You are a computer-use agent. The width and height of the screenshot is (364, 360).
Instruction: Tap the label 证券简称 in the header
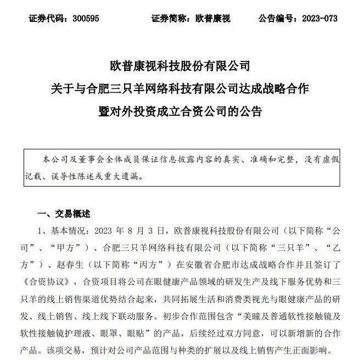[x=169, y=19]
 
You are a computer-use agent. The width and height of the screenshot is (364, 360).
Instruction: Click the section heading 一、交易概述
[x=63, y=213]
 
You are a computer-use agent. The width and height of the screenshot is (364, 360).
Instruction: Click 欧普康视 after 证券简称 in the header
[x=213, y=19]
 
